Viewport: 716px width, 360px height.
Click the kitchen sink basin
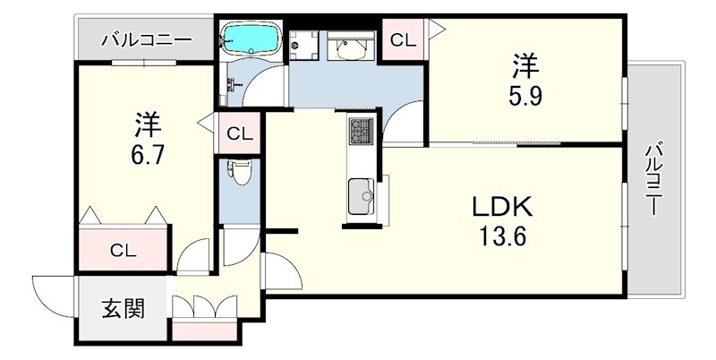tap(362, 196)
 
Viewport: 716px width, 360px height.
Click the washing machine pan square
tap(303, 46)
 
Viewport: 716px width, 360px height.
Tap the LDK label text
tap(502, 208)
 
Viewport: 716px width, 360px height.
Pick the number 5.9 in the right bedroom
tap(525, 97)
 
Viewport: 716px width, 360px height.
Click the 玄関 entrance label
tap(123, 309)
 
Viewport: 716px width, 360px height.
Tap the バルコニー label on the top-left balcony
tap(147, 40)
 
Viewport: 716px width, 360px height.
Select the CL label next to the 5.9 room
tap(404, 40)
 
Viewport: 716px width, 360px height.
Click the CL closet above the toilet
tap(240, 134)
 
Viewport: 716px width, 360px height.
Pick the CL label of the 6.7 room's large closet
tap(124, 251)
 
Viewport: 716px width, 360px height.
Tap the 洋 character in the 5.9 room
tap(525, 65)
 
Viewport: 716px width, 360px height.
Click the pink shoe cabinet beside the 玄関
tap(205, 330)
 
